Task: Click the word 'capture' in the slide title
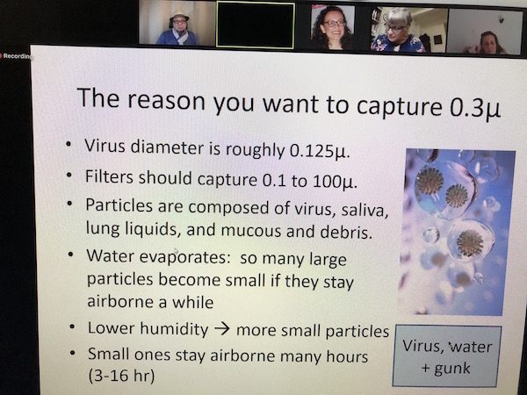coord(400,107)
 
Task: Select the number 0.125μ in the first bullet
coord(320,151)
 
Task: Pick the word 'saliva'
coord(365,211)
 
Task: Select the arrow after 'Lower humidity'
coord(222,328)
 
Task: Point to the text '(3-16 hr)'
coord(121,376)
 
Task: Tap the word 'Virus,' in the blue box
coord(423,346)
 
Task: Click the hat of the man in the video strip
coord(179,16)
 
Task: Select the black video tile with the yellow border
coord(256,25)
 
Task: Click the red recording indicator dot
coord(1,56)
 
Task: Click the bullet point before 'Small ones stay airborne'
coord(72,353)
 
